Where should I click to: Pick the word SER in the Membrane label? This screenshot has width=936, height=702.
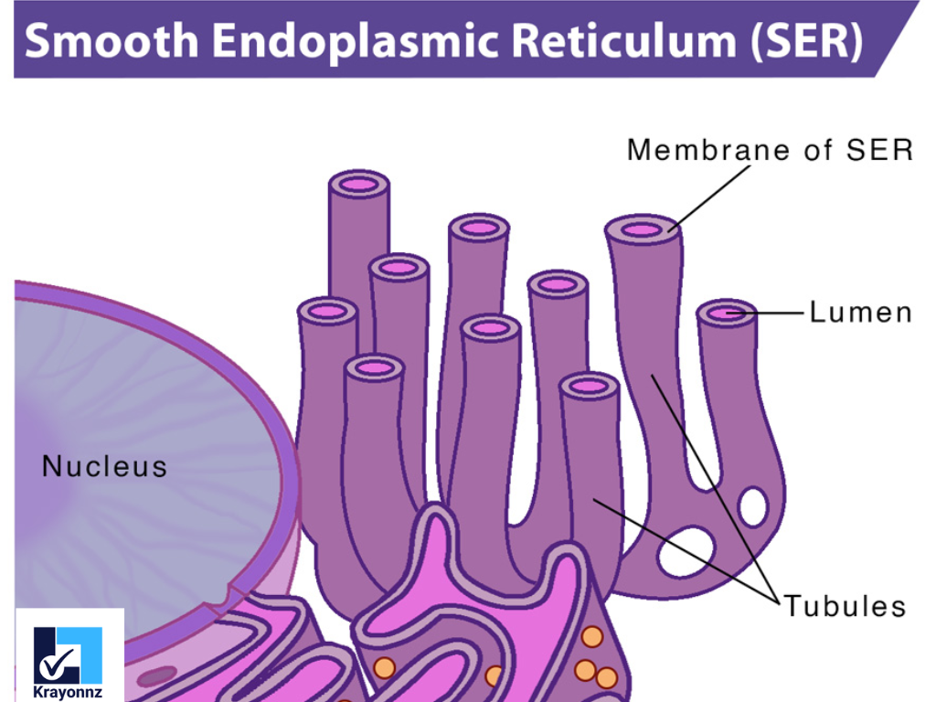(881, 150)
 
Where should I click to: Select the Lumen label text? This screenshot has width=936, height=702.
(860, 313)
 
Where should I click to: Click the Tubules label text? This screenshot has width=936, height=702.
(845, 606)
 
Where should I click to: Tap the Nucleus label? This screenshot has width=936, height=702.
(105, 467)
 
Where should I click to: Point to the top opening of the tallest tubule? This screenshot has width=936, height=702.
(359, 185)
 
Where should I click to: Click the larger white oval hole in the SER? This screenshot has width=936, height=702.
(686, 551)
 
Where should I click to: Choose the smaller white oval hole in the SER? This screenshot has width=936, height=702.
(753, 507)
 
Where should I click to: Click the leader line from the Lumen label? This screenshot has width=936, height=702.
(773, 313)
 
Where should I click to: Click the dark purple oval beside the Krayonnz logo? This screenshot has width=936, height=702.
(157, 676)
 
